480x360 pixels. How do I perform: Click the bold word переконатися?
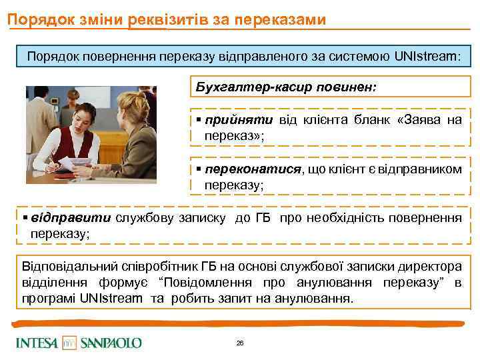253,169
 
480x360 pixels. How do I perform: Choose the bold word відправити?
72,218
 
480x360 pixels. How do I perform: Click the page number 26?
240,343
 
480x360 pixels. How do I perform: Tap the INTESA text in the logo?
38,343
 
